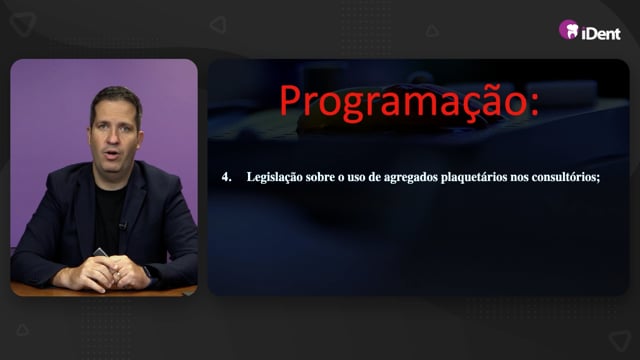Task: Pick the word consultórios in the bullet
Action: tap(566, 178)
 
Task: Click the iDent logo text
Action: tap(601, 33)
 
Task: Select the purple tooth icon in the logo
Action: tap(569, 30)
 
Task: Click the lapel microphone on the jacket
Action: tap(123, 225)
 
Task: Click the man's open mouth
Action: tap(112, 154)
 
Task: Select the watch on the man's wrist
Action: tap(150, 273)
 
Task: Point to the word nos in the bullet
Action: tap(519, 178)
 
